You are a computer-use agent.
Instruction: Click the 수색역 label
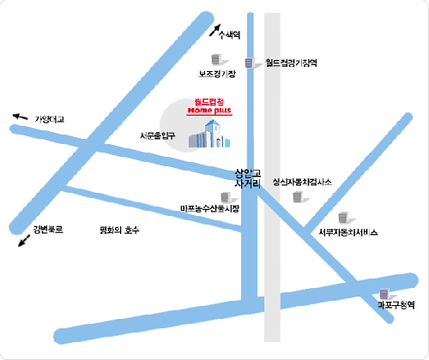[230, 34]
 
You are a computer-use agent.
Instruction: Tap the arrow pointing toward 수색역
[214, 30]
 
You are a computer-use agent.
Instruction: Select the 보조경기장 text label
[217, 75]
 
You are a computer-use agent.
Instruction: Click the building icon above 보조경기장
[217, 59]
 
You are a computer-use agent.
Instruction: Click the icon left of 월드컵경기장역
[249, 63]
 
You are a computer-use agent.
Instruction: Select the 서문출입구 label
[157, 135]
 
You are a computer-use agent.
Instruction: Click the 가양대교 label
[50, 121]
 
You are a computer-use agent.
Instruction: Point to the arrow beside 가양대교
[20, 117]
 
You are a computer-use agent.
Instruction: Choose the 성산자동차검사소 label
[302, 182]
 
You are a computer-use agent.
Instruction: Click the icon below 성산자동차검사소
[298, 197]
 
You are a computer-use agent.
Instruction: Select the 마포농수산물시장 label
[210, 208]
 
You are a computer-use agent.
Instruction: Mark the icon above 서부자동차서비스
[344, 218]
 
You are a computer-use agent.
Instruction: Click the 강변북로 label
[48, 230]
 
